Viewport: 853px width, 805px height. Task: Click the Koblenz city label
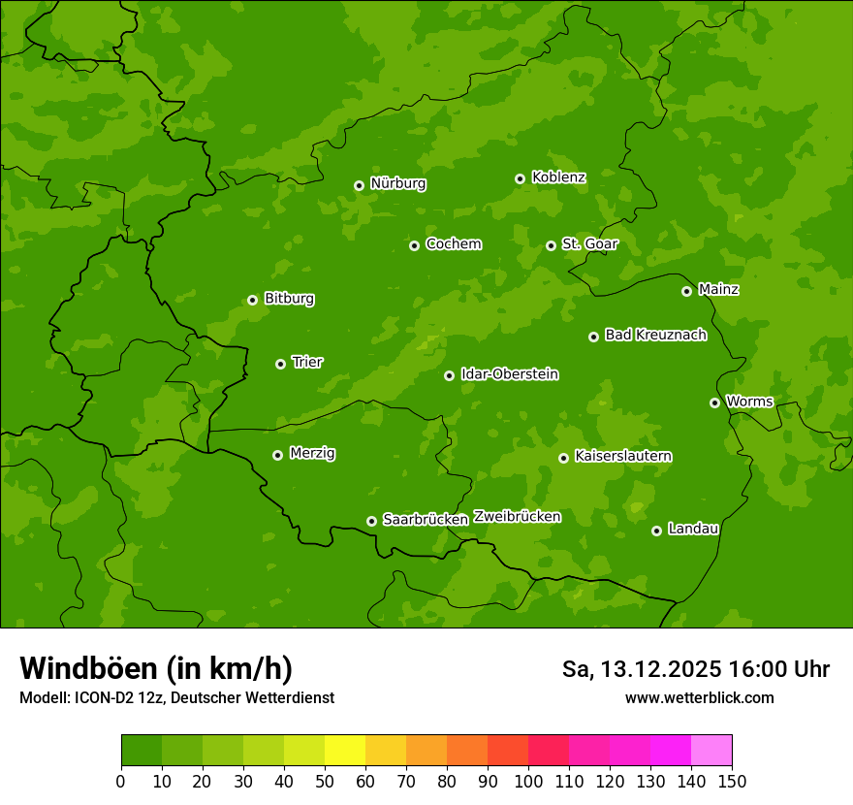coord(558,177)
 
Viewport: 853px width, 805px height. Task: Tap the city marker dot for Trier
coord(280,364)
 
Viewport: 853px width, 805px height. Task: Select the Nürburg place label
coord(397,183)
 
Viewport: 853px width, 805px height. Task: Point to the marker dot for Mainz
coord(686,291)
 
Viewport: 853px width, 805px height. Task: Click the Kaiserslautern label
coord(623,456)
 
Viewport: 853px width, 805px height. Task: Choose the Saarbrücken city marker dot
coord(371,521)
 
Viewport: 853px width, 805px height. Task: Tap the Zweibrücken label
coord(517,516)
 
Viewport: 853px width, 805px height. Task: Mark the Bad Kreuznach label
coord(655,335)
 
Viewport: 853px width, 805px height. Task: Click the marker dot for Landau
coord(656,531)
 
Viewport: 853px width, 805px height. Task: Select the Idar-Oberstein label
coord(509,374)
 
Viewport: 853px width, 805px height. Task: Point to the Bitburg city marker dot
coord(252,300)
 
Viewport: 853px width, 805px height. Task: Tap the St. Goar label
coord(589,244)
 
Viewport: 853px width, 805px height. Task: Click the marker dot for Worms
coord(714,402)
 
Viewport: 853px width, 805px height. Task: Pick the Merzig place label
coord(312,453)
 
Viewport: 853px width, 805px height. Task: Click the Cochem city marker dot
coord(414,245)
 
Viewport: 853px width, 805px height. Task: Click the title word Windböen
coord(88,668)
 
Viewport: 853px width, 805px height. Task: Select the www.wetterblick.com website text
coord(699,697)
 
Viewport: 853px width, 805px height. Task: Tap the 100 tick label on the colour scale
coord(528,780)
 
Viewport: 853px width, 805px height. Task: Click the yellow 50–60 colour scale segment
coord(345,751)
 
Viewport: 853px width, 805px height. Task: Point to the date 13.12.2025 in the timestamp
coord(661,669)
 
